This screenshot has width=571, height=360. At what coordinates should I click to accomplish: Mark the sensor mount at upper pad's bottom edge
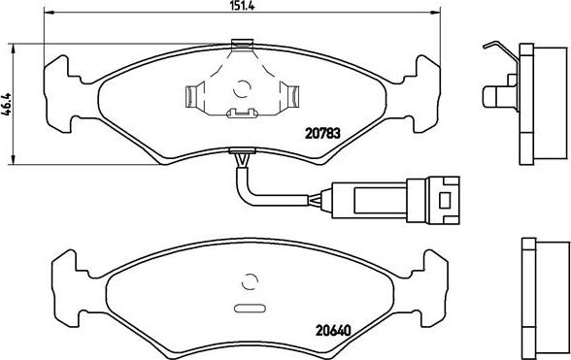[x=240, y=152]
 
